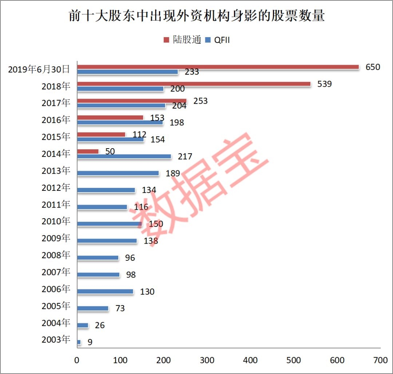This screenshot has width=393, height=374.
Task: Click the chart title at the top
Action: [196, 16]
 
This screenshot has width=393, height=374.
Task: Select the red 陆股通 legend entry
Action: [182, 40]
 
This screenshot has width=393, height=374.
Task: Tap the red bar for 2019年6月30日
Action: [218, 67]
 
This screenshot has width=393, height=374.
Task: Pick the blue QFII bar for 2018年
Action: [120, 89]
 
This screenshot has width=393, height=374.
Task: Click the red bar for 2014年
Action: [88, 151]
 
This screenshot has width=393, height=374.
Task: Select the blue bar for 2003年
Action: [79, 342]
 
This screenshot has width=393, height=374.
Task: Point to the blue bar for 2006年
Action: [105, 291]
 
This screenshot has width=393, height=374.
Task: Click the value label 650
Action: [373, 67]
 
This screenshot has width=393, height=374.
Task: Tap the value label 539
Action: [325, 84]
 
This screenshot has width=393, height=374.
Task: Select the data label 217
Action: [185, 157]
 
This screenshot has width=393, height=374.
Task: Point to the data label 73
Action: [120, 308]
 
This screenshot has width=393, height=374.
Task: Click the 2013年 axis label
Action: [56, 170]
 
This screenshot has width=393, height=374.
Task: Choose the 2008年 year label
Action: [56, 255]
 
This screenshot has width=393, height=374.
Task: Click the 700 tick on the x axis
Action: [380, 361]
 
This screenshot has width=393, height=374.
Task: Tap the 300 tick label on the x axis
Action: [207, 361]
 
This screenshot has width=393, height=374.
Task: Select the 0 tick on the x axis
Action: [77, 361]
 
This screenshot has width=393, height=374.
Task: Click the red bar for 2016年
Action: [110, 118]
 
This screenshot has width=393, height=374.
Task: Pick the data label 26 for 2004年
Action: [99, 325]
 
